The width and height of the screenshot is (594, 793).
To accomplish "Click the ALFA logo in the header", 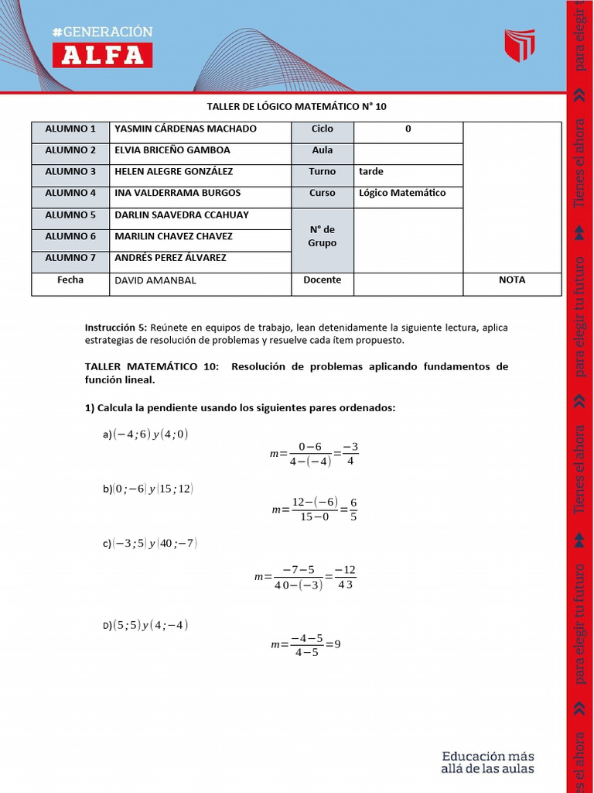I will (x=102, y=55).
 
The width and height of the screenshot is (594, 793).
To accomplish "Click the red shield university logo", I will (x=520, y=46).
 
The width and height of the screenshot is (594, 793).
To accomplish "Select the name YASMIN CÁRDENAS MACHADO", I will (x=186, y=129).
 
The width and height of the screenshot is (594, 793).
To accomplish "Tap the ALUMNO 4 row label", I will (x=70, y=193).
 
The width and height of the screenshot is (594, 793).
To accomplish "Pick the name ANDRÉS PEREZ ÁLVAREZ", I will (x=170, y=258).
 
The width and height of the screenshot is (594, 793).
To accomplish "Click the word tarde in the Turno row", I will (x=371, y=171).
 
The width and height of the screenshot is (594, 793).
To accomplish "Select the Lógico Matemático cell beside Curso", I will (x=402, y=193).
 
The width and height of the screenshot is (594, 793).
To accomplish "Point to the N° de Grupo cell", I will (x=323, y=236).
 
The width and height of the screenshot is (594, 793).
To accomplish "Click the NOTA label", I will (x=512, y=280).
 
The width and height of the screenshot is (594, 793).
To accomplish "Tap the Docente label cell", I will (x=323, y=280).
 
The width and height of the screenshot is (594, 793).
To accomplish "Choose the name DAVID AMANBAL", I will (x=155, y=280).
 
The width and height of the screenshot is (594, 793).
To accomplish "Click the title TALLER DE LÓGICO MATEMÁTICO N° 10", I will (x=296, y=106).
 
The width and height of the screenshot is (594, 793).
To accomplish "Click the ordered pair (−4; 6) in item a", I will (x=130, y=434).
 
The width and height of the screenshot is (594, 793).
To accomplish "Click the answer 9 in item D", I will (x=337, y=644).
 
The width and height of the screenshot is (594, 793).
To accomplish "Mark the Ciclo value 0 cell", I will (x=408, y=129).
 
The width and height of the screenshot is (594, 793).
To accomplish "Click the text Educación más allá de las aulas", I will (x=487, y=762).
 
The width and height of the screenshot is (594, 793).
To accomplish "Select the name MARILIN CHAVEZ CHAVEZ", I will (x=173, y=236).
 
